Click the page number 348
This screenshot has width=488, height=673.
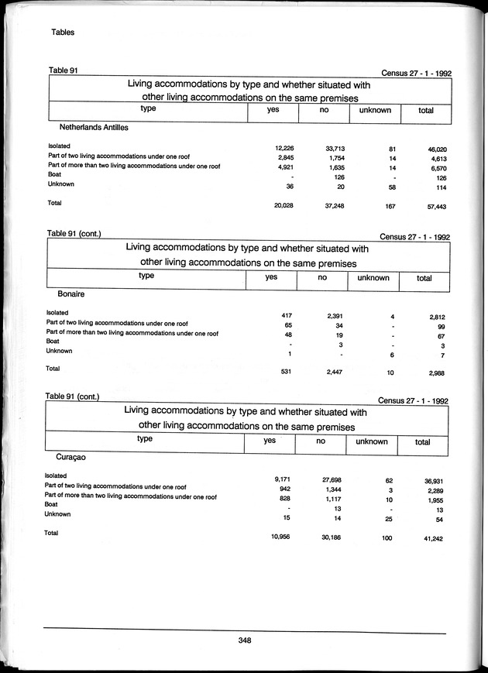click(x=244, y=640)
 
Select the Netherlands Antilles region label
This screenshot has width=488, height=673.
click(x=94, y=126)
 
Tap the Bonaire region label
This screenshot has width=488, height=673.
click(x=70, y=295)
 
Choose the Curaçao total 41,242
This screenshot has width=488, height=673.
click(x=435, y=537)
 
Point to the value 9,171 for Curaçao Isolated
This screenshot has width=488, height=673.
click(x=279, y=480)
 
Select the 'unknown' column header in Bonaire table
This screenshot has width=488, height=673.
click(x=372, y=277)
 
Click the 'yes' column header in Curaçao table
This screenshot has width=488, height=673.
click(x=270, y=441)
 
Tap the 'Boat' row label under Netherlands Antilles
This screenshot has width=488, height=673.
click(x=55, y=174)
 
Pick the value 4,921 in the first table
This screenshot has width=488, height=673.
click(x=280, y=167)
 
